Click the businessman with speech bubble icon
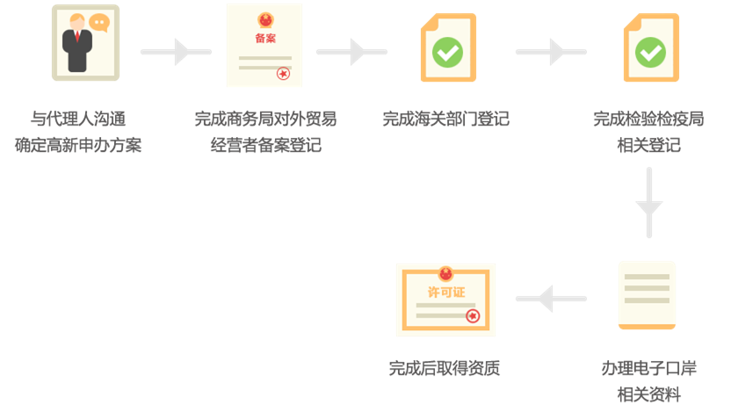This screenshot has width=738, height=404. click(x=85, y=43)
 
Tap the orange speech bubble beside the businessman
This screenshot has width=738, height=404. click(x=99, y=22)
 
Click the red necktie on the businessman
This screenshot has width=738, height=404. click(x=77, y=36)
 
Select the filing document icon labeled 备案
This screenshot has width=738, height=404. click(x=264, y=45)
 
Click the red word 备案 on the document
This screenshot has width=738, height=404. click(x=265, y=39)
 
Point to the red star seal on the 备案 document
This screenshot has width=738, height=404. click(x=283, y=74)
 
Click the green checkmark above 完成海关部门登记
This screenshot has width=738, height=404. click(x=447, y=52)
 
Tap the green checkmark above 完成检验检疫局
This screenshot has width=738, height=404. click(x=650, y=52)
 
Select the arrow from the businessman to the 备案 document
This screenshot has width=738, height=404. click(x=176, y=52)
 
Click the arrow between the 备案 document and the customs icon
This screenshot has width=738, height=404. click(x=351, y=52)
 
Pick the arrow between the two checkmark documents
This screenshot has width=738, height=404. click(x=551, y=52)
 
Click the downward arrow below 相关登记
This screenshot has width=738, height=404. click(x=649, y=203)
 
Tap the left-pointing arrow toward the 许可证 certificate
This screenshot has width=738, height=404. click(x=551, y=299)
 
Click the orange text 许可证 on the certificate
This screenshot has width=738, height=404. click(x=446, y=292)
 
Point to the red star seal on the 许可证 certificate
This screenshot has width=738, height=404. click(x=473, y=316)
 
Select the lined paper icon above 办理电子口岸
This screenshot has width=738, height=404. click(x=647, y=295)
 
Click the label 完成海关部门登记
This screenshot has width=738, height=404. click(x=445, y=119)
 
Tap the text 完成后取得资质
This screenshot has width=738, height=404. click(x=445, y=368)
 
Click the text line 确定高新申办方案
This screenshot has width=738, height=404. click(x=78, y=145)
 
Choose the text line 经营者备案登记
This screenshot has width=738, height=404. click(x=266, y=145)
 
